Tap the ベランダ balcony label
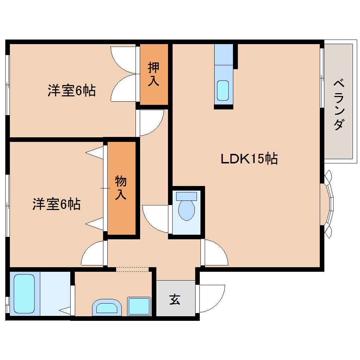tap(339, 105)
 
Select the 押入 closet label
tap(154, 74)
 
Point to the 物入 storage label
tap(121, 188)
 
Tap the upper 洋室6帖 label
tap(72, 91)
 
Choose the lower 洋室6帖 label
tap(56, 204)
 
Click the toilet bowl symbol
tap(186, 209)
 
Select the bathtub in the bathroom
tap(24, 294)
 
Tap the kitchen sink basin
tap(223, 90)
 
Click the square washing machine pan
tap(139, 306)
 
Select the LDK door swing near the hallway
tap(215, 253)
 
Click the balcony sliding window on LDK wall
tap(322, 78)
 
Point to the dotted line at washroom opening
tap(132, 269)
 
